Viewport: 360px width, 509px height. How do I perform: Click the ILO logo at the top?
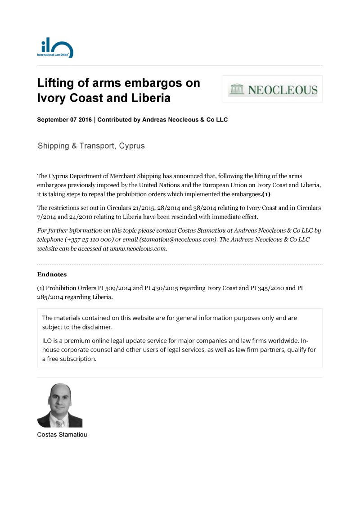55,48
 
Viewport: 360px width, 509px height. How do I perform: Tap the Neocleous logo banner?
273,89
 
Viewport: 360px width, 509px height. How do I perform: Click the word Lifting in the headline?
57,83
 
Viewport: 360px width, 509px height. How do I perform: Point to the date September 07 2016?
64,120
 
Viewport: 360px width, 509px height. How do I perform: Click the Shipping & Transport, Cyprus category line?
91,146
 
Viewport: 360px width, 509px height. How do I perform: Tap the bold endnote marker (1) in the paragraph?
266,194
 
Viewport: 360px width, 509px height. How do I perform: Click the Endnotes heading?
52,274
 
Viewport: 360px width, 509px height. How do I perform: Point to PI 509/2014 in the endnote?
115,288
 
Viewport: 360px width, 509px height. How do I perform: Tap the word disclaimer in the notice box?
96,327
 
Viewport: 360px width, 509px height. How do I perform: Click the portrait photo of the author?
59,405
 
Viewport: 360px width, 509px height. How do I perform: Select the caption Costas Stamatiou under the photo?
62,435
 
